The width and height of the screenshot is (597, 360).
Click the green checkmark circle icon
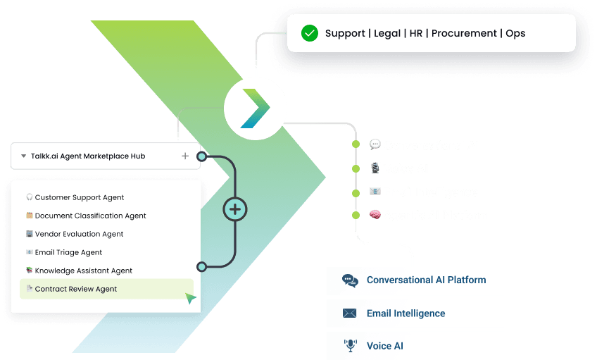309,33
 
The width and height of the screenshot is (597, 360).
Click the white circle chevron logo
256,108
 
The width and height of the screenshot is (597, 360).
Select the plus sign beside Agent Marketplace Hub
185,156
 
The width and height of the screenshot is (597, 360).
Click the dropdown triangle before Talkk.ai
23,156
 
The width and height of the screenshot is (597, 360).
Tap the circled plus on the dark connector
235,209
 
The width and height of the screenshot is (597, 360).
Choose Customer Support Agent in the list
80,198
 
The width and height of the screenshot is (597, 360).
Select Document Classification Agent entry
90,216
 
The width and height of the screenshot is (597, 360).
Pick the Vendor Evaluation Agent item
79,235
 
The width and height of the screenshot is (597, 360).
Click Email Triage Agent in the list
68,252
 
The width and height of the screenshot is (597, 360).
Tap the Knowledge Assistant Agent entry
83,271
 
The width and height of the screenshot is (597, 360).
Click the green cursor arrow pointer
190,298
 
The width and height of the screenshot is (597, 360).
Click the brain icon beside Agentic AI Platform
375,215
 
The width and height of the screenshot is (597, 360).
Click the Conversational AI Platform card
415,280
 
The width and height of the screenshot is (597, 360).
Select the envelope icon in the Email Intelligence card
350,314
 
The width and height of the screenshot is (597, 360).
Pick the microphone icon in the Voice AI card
350,346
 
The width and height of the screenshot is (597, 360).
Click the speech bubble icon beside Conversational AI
375,145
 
